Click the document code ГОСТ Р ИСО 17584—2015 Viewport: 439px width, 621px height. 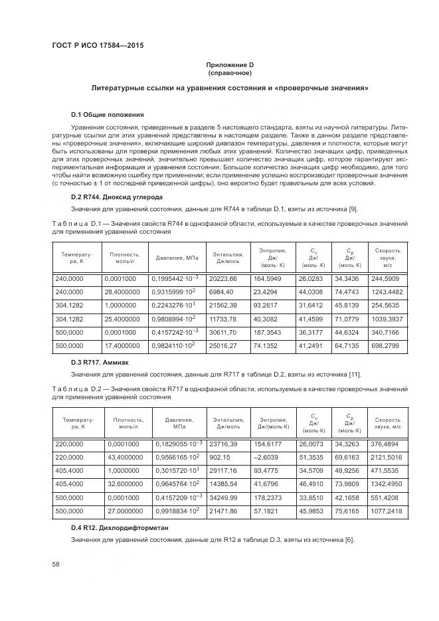[97, 45]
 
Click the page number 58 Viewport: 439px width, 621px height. [56, 564]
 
